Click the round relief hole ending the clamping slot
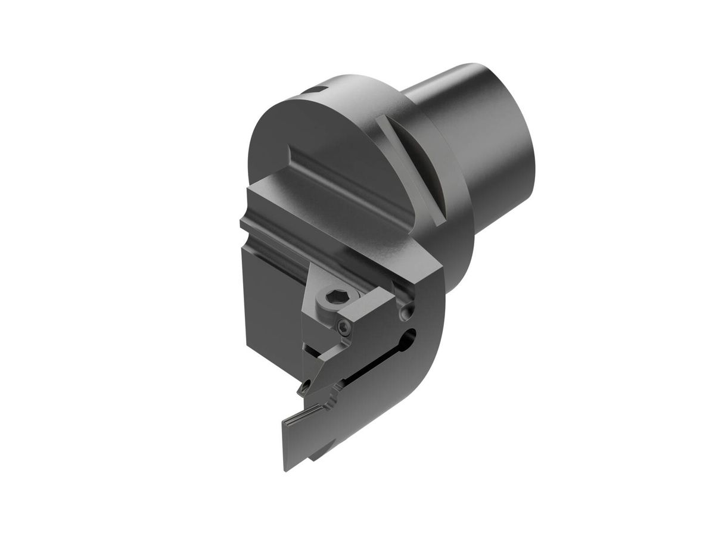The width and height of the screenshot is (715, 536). (x=409, y=336)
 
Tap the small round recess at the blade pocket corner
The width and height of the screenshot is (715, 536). (x=407, y=311)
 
